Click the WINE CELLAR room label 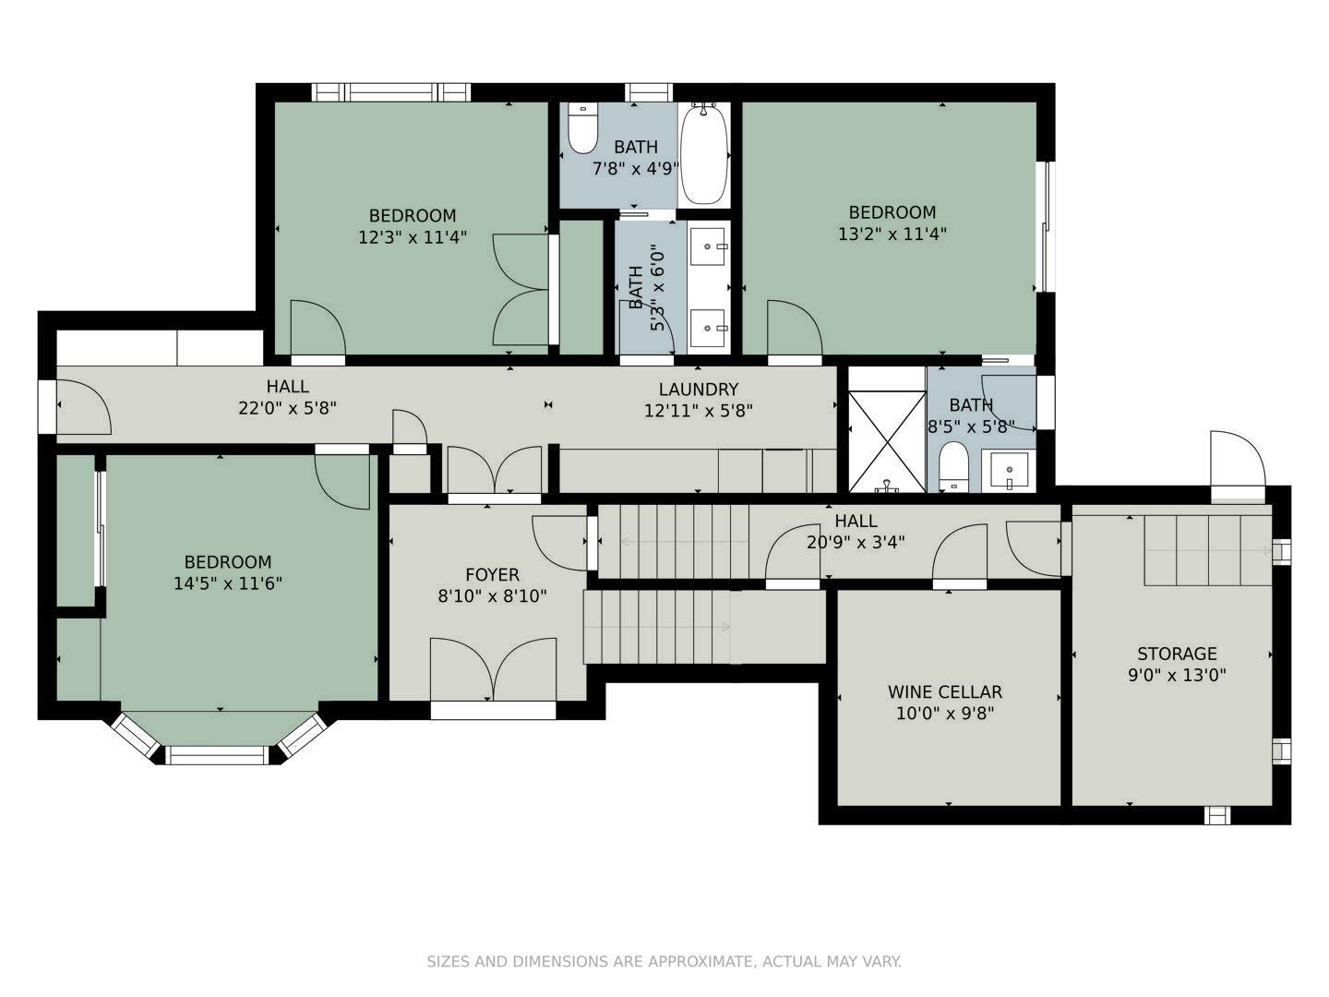point(944,691)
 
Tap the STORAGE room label point(1177,654)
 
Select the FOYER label point(492,575)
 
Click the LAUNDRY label point(698,390)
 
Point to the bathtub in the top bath point(704,153)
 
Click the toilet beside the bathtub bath point(582,128)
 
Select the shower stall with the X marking point(887,441)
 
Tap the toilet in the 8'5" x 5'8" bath point(952,466)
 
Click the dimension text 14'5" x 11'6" point(228,583)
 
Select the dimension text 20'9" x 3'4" point(856,543)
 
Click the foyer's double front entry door point(494,671)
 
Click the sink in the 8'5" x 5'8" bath point(1009,470)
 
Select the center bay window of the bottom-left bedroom point(218,755)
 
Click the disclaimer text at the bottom point(664,961)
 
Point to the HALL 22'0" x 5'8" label point(287,397)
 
